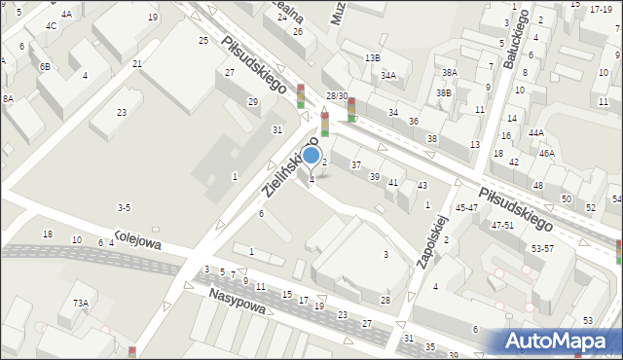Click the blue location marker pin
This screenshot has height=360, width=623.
click(x=311, y=155)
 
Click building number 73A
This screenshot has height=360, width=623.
click(x=80, y=303)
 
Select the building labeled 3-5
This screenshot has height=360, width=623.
click(x=124, y=207)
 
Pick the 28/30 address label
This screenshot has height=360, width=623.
click(x=337, y=95)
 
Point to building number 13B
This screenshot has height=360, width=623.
click(x=373, y=58)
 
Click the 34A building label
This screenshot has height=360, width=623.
click(x=388, y=75)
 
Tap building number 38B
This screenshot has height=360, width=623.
click(x=444, y=92)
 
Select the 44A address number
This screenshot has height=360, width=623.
click(x=536, y=132)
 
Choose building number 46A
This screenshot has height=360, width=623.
click(x=547, y=153)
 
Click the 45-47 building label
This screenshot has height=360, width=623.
click(x=467, y=207)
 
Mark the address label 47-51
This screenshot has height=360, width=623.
click(x=502, y=225)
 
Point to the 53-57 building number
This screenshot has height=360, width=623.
click(x=541, y=248)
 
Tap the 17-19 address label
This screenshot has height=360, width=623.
click(x=601, y=9)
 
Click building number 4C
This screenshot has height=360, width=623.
click(x=51, y=26)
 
